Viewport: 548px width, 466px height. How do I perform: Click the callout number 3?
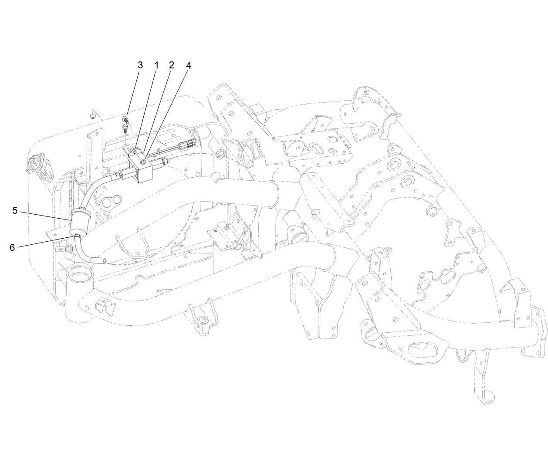tap(140, 65)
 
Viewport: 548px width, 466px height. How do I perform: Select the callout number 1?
tap(156, 65)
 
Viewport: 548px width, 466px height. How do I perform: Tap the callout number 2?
tap(172, 65)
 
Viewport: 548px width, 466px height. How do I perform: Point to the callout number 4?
tap(188, 66)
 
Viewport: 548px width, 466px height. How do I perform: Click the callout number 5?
tap(15, 211)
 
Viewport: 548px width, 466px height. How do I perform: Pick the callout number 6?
tap(12, 247)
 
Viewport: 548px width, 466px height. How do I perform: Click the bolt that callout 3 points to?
tap(125, 120)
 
